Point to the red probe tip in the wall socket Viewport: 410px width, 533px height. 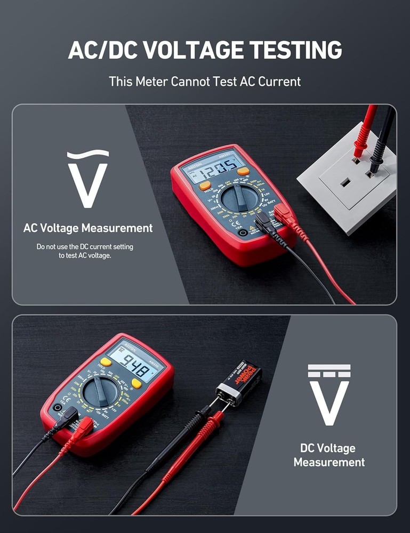coord(357,154)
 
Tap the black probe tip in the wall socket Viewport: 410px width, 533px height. coord(374,168)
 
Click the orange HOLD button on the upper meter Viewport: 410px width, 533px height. coord(205,185)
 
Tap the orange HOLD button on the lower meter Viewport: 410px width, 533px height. coord(106,362)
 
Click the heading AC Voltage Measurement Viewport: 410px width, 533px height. coord(88,228)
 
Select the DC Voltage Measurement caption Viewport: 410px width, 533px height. coord(329,455)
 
